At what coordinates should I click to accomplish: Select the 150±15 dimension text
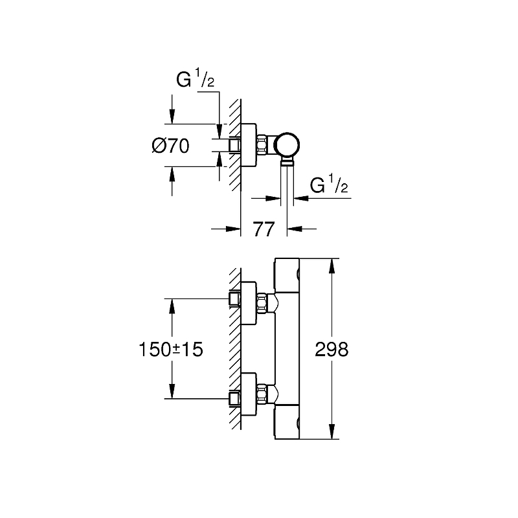click(x=171, y=350)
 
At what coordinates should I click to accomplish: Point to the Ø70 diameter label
click(x=170, y=146)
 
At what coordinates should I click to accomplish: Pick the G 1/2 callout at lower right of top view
click(x=328, y=186)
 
